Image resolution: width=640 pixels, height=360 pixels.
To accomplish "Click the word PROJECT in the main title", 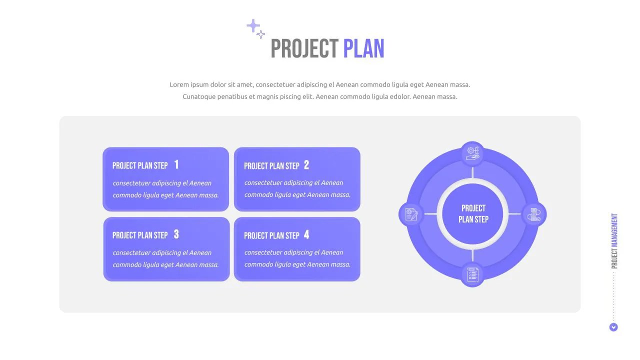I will coord(304,49).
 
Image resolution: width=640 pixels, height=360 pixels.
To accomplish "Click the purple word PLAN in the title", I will coord(363,49).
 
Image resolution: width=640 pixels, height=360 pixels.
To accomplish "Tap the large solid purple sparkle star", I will coord(253,25).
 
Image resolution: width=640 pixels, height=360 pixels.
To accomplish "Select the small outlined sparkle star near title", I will coord(261,34).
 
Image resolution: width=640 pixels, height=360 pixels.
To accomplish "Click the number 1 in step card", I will coord(176,164).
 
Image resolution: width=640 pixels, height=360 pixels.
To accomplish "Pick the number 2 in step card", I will coord(306,165).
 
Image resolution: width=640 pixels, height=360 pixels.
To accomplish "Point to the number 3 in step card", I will coord(176,234).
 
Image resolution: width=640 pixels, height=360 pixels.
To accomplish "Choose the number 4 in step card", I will coord(306,234).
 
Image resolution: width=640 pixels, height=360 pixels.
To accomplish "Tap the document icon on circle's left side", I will coord(411,214).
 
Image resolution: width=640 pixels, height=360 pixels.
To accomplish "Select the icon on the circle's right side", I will coord(534,214).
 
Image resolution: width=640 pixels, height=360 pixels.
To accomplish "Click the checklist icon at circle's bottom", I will coord(472,274).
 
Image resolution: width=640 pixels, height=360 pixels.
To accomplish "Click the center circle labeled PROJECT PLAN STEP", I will coord(473,214).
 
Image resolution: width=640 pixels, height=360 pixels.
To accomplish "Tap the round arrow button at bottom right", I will coord(613,327).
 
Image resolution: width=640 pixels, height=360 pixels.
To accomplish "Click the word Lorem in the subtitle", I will coord(179,84).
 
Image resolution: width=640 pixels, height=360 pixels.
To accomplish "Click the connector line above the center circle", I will coord(472,173).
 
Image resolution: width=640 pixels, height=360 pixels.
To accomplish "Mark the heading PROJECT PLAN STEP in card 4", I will coord(271,235).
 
